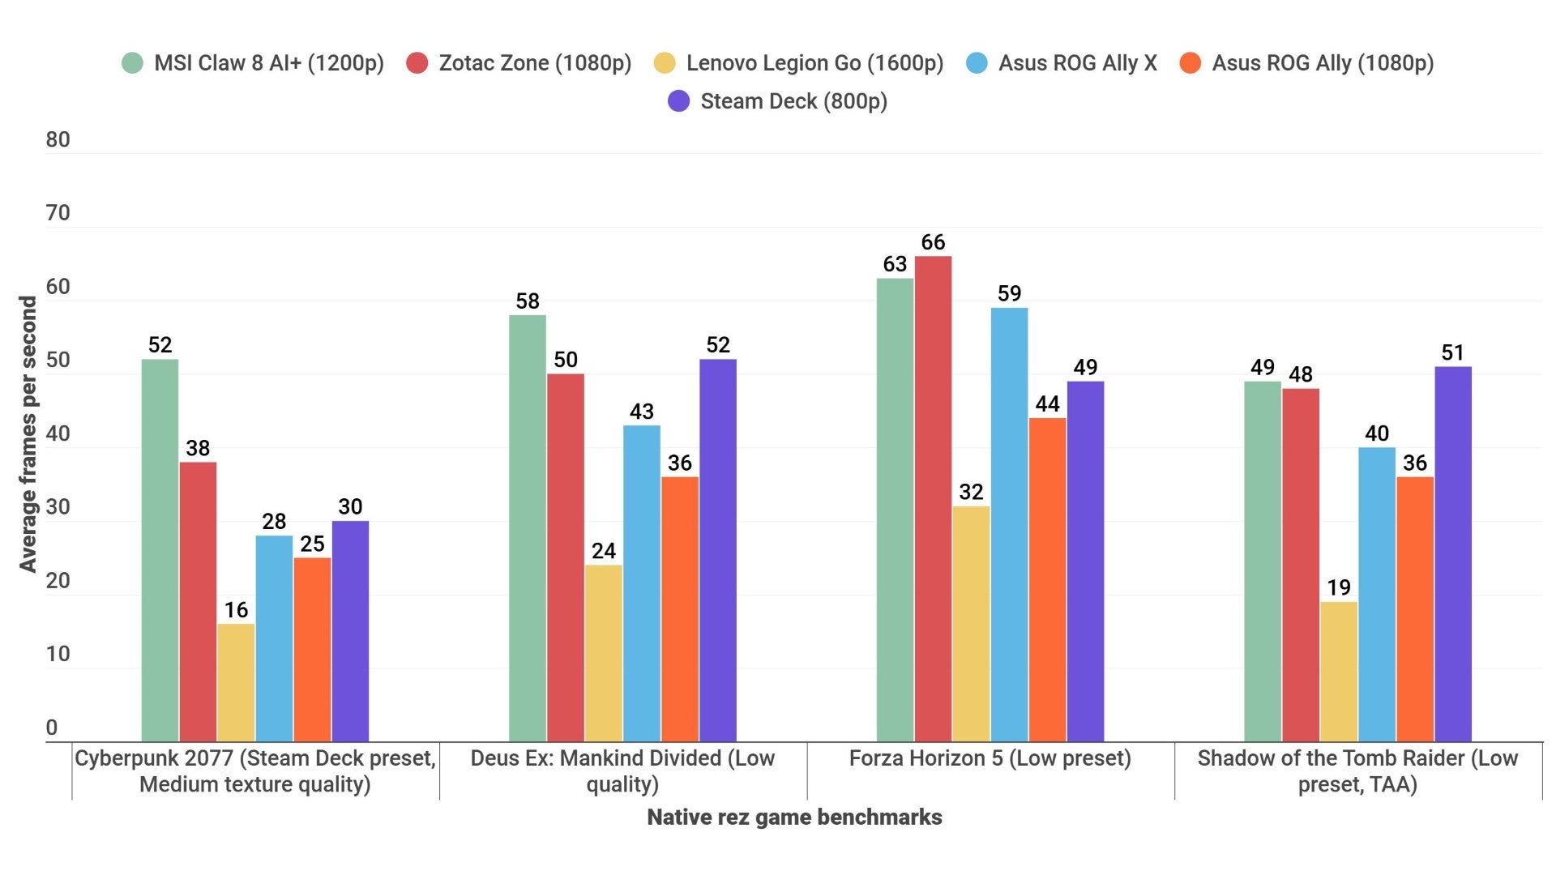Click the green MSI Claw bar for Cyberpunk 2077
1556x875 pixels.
[x=160, y=551]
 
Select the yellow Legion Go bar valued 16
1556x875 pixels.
[x=236, y=683]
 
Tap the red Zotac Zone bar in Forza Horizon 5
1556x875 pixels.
[x=933, y=499]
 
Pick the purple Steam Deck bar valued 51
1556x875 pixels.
[x=1453, y=554]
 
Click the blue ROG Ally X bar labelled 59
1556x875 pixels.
[x=1009, y=525]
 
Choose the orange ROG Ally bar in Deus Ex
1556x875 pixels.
[x=679, y=609]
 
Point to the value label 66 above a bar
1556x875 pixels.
[x=933, y=242]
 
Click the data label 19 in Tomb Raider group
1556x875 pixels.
[x=1339, y=587]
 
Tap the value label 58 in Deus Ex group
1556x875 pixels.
[x=527, y=301]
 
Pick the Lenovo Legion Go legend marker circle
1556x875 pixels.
[x=665, y=63]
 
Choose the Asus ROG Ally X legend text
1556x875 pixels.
[x=1077, y=63]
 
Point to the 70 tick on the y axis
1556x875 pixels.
[x=58, y=213]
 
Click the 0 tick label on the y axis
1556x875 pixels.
[x=52, y=728]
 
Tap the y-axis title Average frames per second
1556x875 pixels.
[x=28, y=433]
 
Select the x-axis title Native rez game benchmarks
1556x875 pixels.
[x=794, y=817]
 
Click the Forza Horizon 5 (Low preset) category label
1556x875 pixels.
[x=990, y=758]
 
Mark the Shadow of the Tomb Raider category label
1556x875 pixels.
[x=1357, y=770]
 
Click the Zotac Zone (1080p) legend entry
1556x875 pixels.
[x=535, y=63]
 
